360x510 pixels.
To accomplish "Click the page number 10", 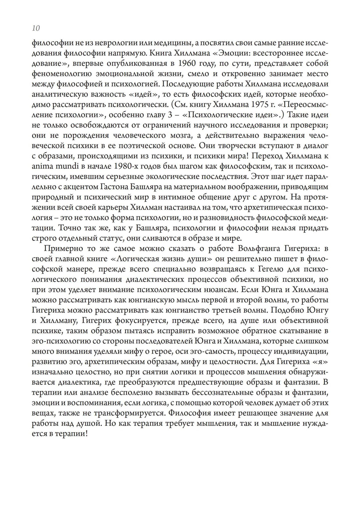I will pyautogui.click(x=36, y=28).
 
